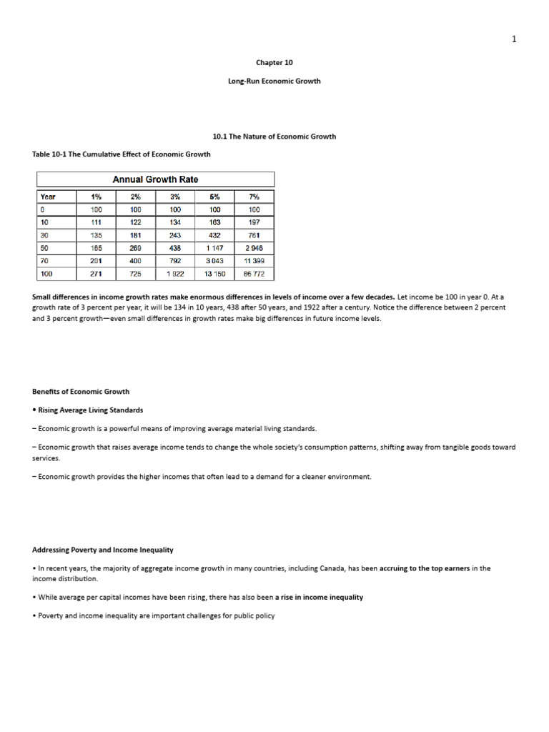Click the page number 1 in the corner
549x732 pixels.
click(514, 39)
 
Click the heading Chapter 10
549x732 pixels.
click(274, 62)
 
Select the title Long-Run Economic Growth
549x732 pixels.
click(274, 81)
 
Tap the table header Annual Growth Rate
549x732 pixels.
click(156, 179)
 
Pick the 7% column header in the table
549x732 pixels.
click(254, 197)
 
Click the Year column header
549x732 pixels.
click(48, 197)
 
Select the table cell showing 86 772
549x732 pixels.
click(254, 274)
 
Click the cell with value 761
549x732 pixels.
click(254, 235)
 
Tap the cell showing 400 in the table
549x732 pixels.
click(136, 261)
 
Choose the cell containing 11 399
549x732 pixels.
click(254, 261)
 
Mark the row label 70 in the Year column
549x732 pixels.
click(44, 261)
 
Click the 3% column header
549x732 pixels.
click(175, 197)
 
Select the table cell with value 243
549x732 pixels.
click(175, 235)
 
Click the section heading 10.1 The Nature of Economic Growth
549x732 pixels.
click(274, 136)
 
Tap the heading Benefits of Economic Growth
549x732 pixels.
click(81, 392)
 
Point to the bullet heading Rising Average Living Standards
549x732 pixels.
click(90, 410)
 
